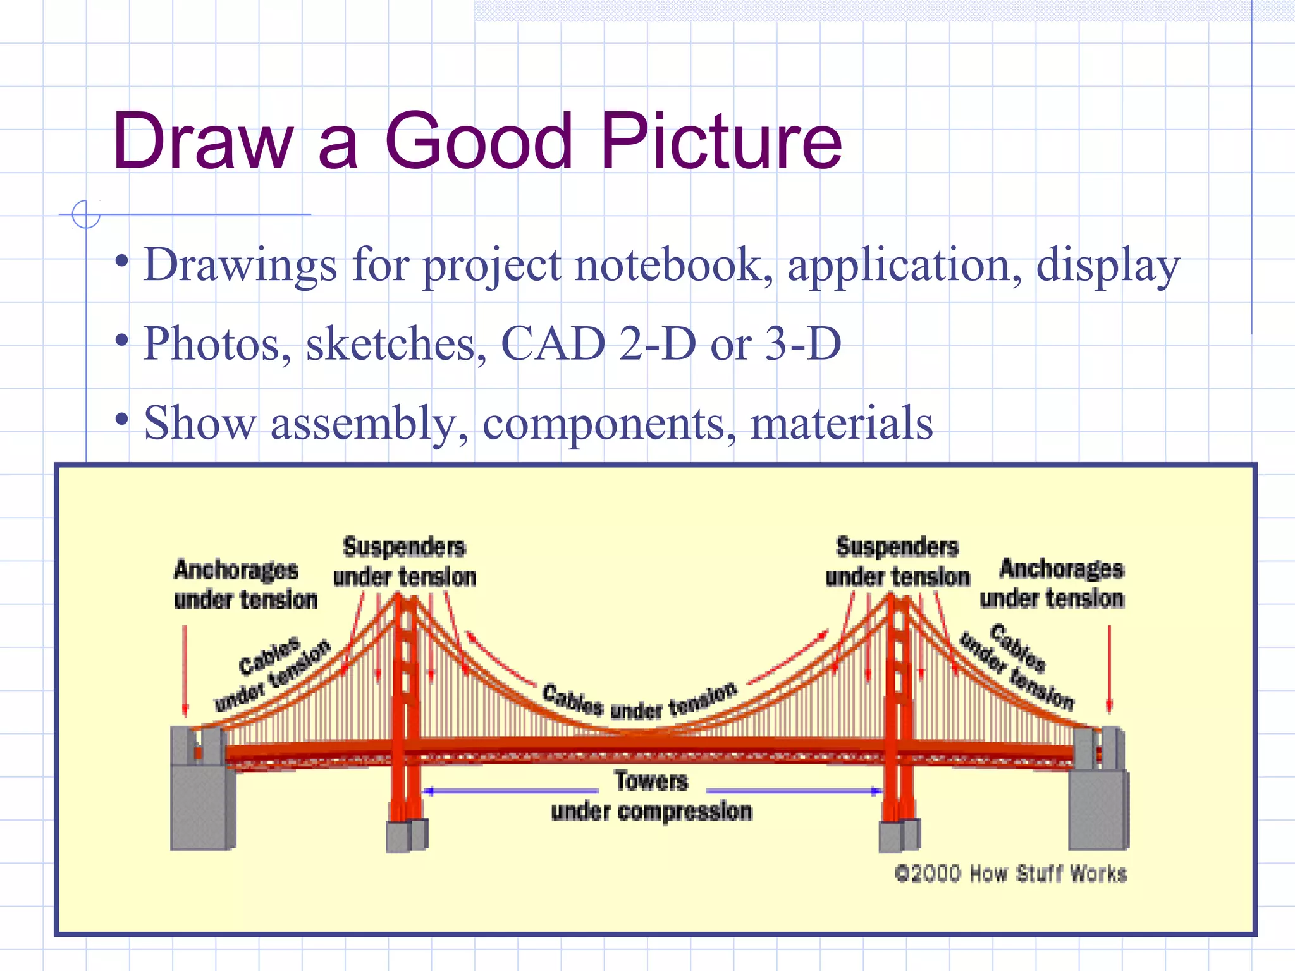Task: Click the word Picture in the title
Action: coord(721,142)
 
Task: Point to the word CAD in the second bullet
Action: coord(553,344)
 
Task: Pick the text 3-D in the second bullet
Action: coord(803,344)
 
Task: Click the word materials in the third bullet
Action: coord(841,423)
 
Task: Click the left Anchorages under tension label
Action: coord(245,585)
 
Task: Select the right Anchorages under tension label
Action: coord(1053,583)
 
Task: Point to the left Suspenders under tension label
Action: coord(405,562)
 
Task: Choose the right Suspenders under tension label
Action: coord(898,562)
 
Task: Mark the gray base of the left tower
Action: coord(407,836)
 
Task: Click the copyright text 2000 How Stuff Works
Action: coord(1010,874)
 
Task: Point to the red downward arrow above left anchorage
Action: coord(185,670)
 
